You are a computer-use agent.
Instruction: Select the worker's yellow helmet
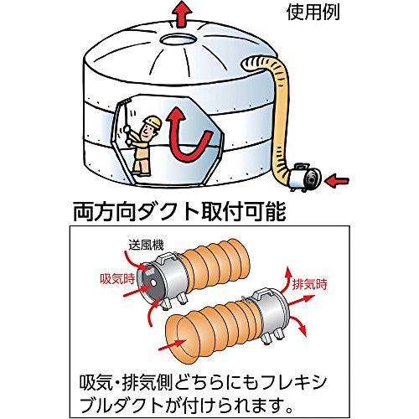click(x=152, y=123)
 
